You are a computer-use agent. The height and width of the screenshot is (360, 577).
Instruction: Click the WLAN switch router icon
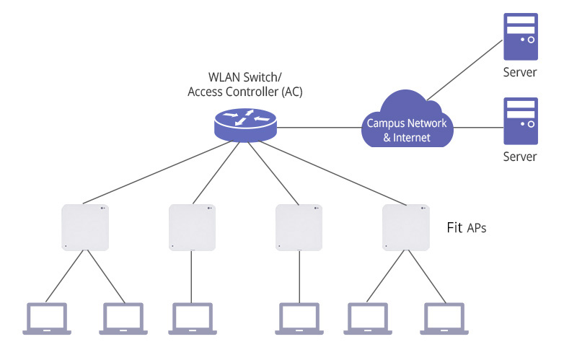point(246,123)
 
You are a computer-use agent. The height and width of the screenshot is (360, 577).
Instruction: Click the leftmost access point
point(85,227)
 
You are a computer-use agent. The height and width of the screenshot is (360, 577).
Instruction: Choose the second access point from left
point(192,227)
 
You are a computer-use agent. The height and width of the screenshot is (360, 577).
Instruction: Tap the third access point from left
point(299,227)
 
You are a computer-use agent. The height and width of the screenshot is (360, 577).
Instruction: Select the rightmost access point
point(405,227)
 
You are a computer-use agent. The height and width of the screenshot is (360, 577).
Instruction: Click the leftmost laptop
point(47,318)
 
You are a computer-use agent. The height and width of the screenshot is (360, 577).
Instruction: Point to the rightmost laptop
point(443,318)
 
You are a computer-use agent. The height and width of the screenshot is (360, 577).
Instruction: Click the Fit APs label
point(467,228)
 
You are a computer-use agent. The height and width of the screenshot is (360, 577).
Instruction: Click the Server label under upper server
point(520,72)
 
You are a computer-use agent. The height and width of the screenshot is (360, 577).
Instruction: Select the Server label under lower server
point(520,157)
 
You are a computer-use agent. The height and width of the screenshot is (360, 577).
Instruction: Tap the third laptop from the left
point(192,318)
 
